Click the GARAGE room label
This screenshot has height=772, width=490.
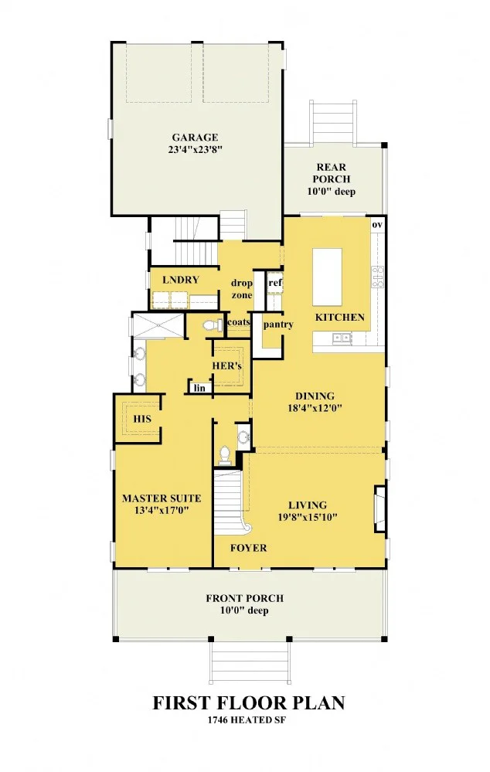click(x=195, y=138)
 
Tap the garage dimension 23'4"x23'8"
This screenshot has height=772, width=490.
click(x=195, y=150)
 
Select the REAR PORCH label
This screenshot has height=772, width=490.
click(x=332, y=173)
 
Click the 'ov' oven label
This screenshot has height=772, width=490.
click(x=377, y=225)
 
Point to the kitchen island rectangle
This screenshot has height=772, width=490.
click(x=327, y=277)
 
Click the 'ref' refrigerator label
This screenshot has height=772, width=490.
click(x=275, y=283)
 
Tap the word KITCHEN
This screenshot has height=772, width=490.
click(x=340, y=317)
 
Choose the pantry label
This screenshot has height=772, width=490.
click(x=278, y=325)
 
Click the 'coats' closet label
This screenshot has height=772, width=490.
click(x=239, y=322)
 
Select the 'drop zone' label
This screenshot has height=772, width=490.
click(x=242, y=289)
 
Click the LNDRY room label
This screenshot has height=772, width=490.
click(x=181, y=280)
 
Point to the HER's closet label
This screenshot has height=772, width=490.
click(x=227, y=366)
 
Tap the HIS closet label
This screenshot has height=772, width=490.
click(x=142, y=419)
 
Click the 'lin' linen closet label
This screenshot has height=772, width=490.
click(x=199, y=388)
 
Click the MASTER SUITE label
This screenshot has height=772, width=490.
click(x=162, y=498)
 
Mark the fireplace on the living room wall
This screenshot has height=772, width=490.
click(x=379, y=509)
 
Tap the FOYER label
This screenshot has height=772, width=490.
click(x=249, y=548)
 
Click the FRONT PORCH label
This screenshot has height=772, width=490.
click(x=245, y=598)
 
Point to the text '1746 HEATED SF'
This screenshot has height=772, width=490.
click(x=247, y=719)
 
